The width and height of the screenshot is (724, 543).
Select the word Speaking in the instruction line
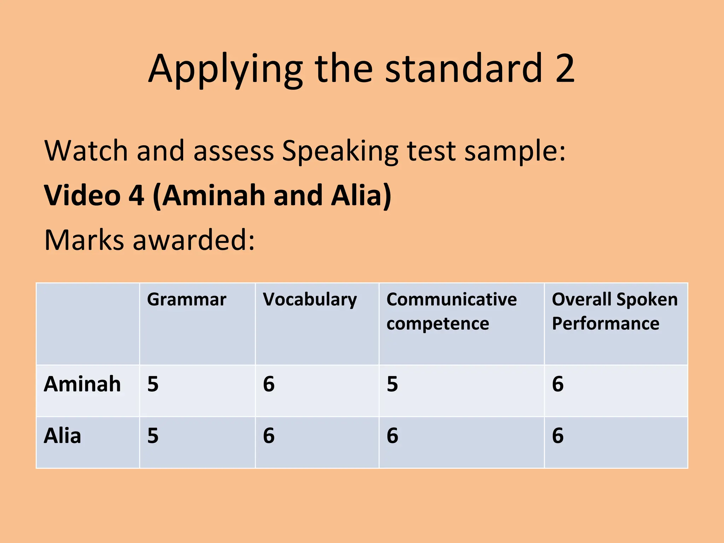(340, 151)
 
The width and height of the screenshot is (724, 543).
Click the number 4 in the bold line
(136, 195)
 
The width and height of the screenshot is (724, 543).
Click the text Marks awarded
(149, 240)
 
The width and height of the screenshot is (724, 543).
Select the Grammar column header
(186, 300)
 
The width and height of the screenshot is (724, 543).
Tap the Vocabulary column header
(310, 300)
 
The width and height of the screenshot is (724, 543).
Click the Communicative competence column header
(451, 311)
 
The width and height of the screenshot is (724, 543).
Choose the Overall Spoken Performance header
(614, 311)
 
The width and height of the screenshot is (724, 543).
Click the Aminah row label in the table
(82, 384)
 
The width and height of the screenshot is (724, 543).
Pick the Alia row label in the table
(62, 436)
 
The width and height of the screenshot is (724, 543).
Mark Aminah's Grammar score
(153, 384)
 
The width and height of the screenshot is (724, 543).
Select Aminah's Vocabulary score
(269, 384)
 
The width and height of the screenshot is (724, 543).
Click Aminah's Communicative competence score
(392, 384)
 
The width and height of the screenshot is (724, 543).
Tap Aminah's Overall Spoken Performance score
(557, 384)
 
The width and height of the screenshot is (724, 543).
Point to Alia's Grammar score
(153, 436)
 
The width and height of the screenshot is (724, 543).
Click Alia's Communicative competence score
(392, 436)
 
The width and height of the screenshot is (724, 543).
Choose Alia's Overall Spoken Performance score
(557, 436)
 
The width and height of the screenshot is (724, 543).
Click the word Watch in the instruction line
(86, 151)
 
